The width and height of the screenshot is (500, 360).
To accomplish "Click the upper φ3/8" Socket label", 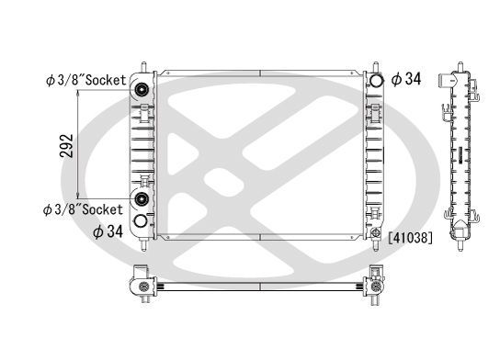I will click(x=85, y=81).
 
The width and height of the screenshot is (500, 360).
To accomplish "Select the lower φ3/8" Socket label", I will click(x=85, y=209).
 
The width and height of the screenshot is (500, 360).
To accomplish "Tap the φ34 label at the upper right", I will click(x=405, y=80).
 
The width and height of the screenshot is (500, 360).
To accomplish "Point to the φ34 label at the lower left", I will click(x=108, y=231).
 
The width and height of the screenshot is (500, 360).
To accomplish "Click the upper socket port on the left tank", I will click(x=143, y=90).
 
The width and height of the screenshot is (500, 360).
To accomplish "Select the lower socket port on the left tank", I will click(x=143, y=199).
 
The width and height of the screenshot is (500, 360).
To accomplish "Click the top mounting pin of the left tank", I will click(x=144, y=67).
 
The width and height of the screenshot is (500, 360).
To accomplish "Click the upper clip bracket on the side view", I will click(x=447, y=114).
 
